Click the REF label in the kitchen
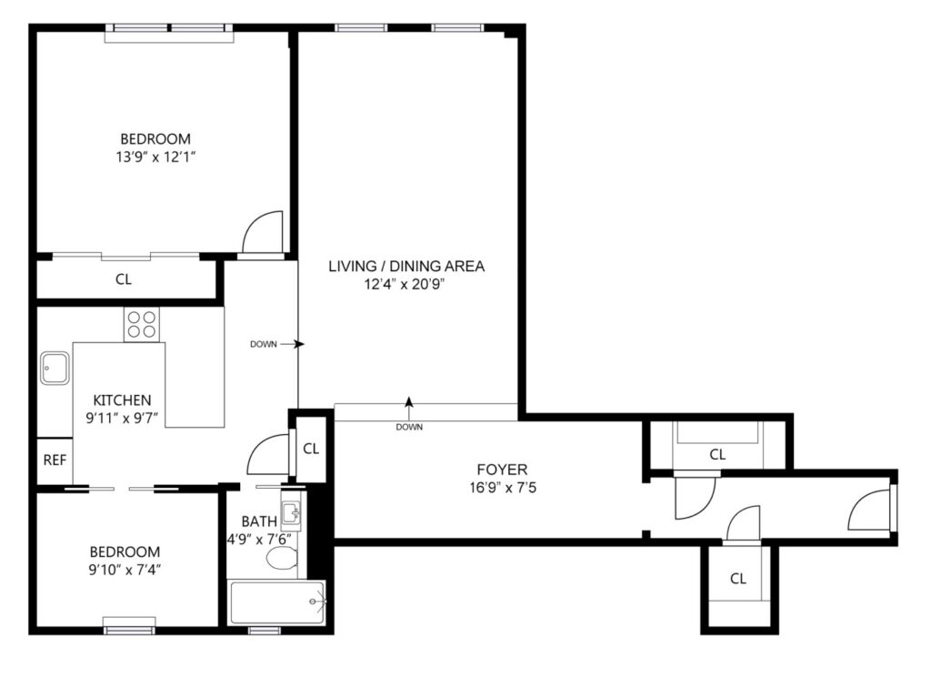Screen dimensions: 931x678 click(x=55, y=460)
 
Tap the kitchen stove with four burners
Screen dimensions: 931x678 click(x=142, y=325)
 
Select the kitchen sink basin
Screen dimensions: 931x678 click(x=55, y=368)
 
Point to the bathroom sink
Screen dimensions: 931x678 click(x=290, y=511)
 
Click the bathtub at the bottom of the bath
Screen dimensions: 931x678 click(x=276, y=602)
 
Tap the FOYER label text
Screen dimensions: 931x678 click(x=502, y=470)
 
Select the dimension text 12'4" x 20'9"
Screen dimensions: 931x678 click(x=405, y=284)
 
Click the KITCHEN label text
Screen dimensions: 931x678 click(x=123, y=400)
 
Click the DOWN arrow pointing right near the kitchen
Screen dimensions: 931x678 click(x=292, y=344)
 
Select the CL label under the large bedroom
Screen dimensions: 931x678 click(x=124, y=279)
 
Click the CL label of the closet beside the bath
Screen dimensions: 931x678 click(x=311, y=449)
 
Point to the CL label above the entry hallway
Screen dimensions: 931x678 click(x=718, y=454)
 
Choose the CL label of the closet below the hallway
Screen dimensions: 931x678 click(x=738, y=578)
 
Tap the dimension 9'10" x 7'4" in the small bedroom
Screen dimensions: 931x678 click(x=125, y=570)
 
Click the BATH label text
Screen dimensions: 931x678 click(x=259, y=521)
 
